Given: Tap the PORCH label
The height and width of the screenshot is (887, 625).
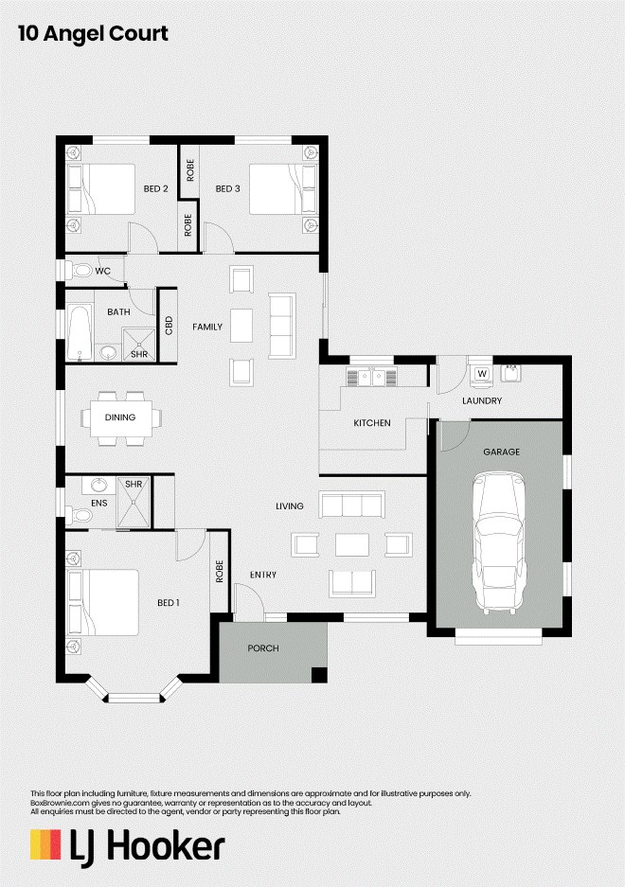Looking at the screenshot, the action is point(263,648).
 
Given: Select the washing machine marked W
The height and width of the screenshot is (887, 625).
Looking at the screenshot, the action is point(482,376).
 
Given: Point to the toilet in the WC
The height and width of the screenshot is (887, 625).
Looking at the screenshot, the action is point(79,271).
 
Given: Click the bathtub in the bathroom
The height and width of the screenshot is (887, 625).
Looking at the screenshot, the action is point(80,332).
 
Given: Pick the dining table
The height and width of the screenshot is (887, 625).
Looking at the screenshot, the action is point(121,418).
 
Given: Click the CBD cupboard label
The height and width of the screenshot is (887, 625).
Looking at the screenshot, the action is point(169,326).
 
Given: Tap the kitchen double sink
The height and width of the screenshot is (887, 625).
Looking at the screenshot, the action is point(371,377).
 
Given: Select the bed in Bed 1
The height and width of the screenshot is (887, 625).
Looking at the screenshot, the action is point(102,602).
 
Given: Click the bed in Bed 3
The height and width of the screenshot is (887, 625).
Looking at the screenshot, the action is point(283,189).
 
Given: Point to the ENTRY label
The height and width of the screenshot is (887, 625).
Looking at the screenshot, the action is point(263,575).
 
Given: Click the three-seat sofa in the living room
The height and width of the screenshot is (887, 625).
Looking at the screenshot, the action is point(352,505).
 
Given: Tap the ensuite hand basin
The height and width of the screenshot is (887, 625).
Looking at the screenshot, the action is point(99,486).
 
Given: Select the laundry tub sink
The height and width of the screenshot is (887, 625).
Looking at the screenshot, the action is point(511,373).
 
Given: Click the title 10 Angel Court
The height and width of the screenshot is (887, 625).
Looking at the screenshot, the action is point(94,33).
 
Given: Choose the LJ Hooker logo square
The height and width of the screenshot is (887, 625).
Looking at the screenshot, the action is point(45,844).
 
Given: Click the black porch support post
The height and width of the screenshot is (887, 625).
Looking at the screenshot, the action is point(319,675).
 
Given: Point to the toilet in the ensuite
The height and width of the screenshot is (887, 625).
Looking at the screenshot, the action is point(80,515).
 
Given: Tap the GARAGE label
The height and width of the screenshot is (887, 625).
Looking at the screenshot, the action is point(502,452).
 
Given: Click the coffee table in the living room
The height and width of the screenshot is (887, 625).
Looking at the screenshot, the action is point(352,545).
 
